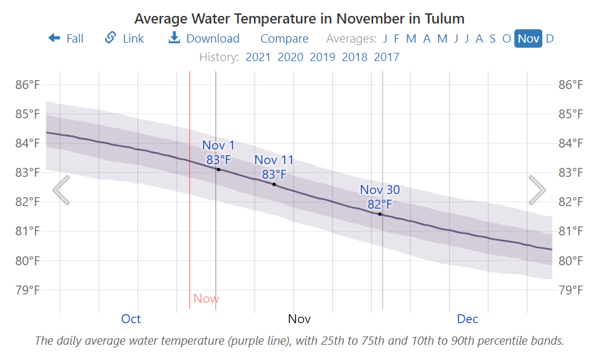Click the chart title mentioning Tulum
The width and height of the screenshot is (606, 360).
(299, 18)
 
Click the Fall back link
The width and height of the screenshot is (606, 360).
(66, 39)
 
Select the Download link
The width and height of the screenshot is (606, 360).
(204, 39)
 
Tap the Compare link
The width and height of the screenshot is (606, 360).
(284, 39)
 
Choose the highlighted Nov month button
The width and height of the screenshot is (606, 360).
(528, 39)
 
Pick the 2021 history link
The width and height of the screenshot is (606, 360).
(258, 57)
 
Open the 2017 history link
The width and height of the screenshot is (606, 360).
(386, 57)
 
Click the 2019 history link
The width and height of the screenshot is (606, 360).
(322, 57)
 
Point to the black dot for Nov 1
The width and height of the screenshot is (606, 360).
(218, 169)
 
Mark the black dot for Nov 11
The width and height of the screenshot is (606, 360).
(274, 184)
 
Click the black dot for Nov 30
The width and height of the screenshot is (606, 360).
(380, 214)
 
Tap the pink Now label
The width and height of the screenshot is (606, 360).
(206, 298)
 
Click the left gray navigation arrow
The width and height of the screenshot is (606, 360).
(61, 190)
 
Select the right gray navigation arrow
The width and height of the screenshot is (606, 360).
(537, 190)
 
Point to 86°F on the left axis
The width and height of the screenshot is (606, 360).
(27, 85)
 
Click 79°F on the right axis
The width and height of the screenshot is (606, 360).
(571, 290)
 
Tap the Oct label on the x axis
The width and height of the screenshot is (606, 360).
(131, 319)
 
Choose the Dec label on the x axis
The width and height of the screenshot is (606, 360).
(467, 319)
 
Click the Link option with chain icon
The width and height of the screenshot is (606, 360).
(125, 39)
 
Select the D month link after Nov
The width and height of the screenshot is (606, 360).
(549, 39)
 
